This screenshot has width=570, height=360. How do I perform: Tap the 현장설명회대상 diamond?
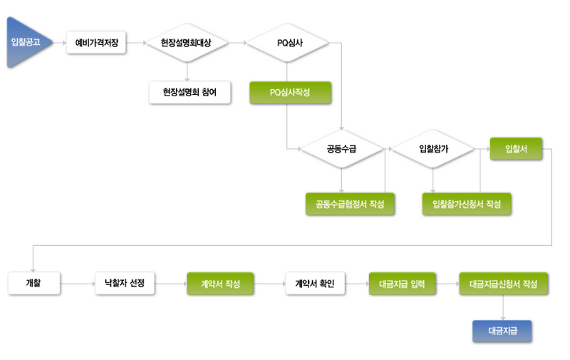point(186,43)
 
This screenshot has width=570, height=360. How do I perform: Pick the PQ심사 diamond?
point(288,43)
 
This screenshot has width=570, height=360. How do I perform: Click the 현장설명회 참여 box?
point(190,93)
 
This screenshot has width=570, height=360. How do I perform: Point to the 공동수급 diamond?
point(341,149)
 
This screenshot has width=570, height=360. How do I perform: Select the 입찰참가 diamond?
point(433,149)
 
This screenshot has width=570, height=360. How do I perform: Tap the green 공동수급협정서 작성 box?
point(350,204)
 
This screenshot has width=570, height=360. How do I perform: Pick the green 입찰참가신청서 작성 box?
point(467,204)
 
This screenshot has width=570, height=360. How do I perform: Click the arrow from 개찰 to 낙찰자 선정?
point(78,284)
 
